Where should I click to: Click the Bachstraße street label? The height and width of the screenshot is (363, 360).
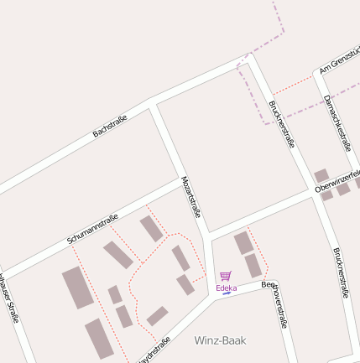[110, 127]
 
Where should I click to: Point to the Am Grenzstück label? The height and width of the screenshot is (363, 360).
[339, 60]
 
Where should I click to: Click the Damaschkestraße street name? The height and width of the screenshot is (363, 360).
[337, 122]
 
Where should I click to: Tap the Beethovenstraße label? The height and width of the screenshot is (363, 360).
[279, 304]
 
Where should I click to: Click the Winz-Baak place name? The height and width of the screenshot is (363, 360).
[221, 340]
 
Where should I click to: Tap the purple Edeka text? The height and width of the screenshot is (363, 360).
[226, 288]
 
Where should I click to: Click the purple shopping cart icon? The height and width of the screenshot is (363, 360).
[225, 276]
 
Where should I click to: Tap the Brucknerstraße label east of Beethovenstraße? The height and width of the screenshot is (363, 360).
[340, 273]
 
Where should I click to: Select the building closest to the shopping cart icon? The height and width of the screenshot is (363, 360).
[253, 266]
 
